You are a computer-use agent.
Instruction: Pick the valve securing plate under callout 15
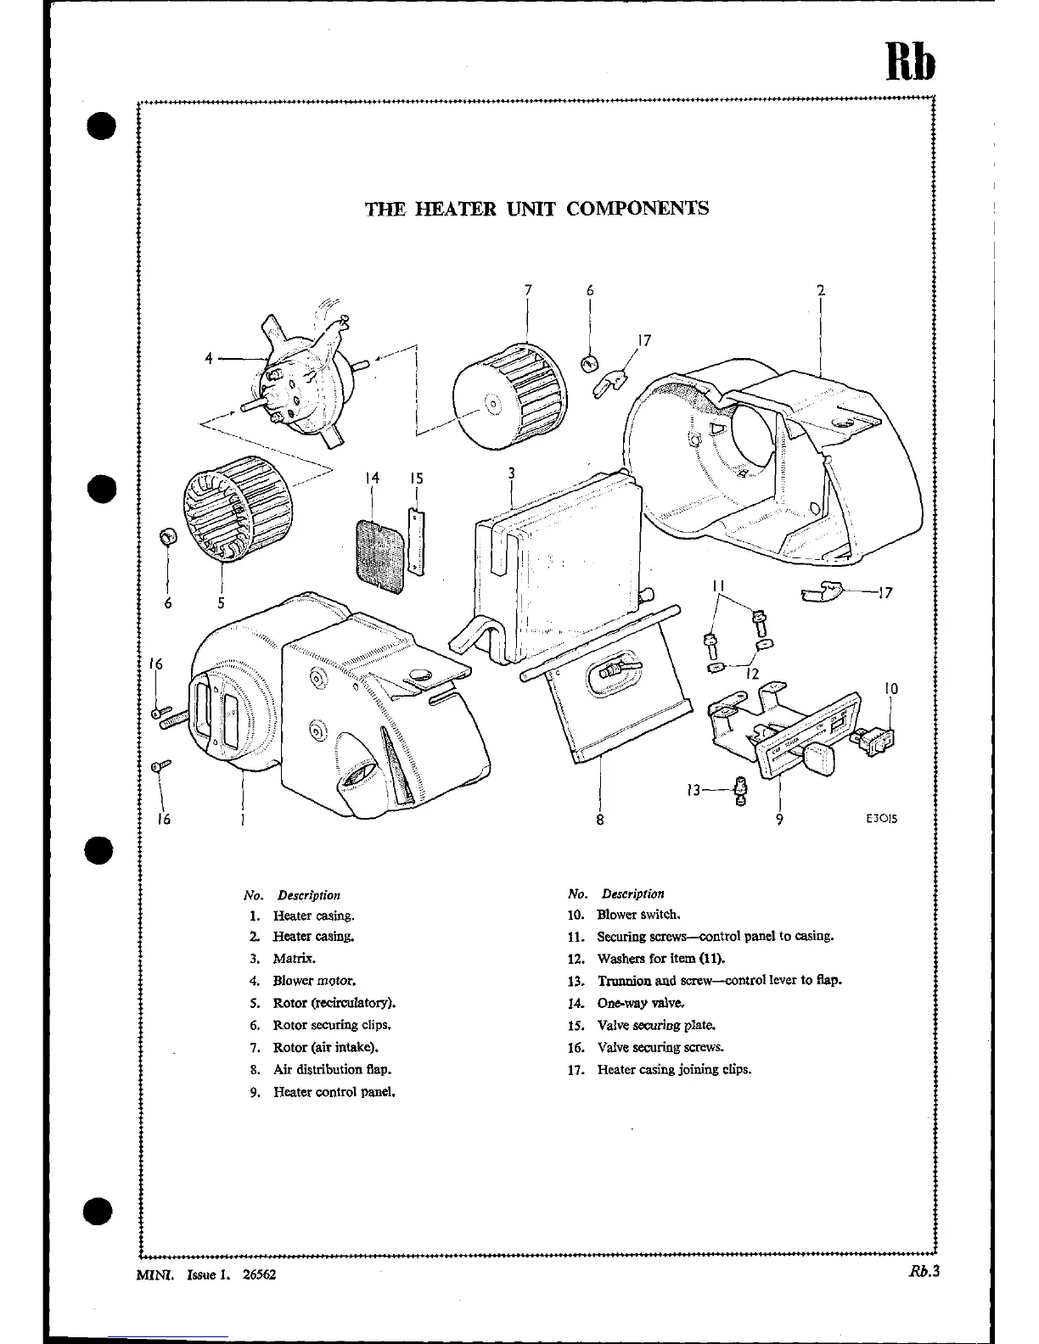[416, 541]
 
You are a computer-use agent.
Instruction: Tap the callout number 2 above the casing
[821, 290]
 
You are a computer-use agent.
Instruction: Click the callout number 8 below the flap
[600, 820]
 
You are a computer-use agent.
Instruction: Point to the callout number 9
[779, 820]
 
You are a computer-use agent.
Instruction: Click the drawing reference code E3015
[882, 819]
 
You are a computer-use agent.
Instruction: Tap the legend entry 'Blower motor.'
[308, 980]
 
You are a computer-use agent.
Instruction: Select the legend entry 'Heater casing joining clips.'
[674, 1069]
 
